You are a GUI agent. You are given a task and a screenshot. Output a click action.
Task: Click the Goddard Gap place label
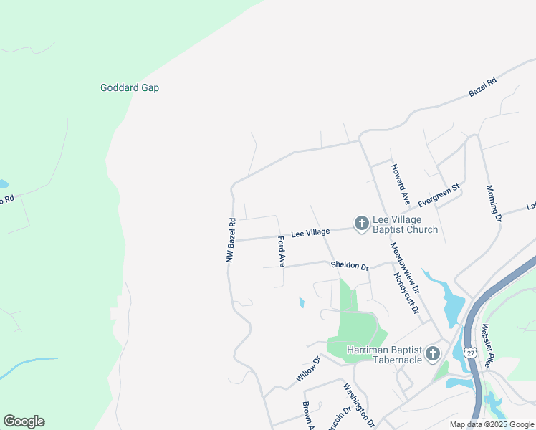click(129, 87)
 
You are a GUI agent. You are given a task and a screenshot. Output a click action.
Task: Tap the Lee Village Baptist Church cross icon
click(361, 224)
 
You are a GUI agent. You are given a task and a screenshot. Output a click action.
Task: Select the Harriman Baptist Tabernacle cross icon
click(432, 354)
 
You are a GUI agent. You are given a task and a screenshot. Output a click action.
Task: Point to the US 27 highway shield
click(469, 353)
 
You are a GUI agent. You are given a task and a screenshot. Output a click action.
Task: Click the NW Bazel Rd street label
click(231, 239)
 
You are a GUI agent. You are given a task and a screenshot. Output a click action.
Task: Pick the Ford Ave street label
click(282, 252)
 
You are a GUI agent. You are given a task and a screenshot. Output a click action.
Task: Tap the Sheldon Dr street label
click(349, 266)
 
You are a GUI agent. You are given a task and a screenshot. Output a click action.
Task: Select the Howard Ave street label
click(400, 185)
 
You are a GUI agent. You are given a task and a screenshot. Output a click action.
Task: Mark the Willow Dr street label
click(307, 370)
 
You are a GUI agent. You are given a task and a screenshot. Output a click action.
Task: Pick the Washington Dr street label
click(359, 405)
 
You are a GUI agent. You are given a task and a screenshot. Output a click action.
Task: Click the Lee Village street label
click(310, 233)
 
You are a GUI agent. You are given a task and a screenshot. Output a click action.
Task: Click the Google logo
click(24, 421)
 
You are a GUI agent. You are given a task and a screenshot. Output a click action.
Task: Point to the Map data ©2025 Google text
click(492, 424)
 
